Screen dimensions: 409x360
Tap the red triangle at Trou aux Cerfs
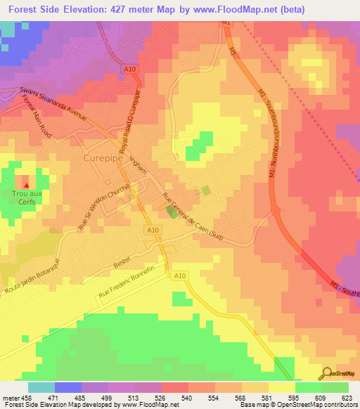(x=27, y=186)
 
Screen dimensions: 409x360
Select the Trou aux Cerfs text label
(x=27, y=197)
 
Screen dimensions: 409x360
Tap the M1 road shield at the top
(x=226, y=23)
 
